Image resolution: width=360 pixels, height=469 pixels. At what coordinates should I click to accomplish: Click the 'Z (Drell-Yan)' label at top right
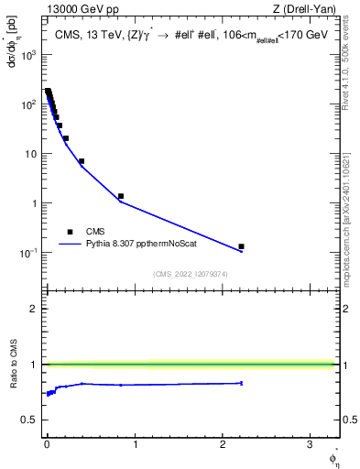pos(304,9)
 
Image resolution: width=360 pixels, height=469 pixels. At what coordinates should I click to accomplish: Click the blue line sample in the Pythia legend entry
pos(71,245)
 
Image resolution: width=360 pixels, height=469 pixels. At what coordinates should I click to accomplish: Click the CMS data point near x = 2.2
pos(241,246)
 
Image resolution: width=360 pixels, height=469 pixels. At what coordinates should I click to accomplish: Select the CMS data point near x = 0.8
pos(121,196)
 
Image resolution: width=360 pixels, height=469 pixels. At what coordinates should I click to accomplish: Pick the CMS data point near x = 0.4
pos(82,161)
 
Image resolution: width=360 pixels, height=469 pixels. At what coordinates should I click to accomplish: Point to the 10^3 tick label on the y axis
pos(27,54)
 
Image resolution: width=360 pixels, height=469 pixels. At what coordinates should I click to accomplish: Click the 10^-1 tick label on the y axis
pos(27,253)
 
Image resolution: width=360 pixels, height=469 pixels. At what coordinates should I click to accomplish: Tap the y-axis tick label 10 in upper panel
pos(30,154)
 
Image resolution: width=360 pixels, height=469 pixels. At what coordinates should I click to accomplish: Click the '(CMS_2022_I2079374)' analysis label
pos(191,273)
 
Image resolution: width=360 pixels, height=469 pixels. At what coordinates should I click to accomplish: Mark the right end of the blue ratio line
pos(241,383)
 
